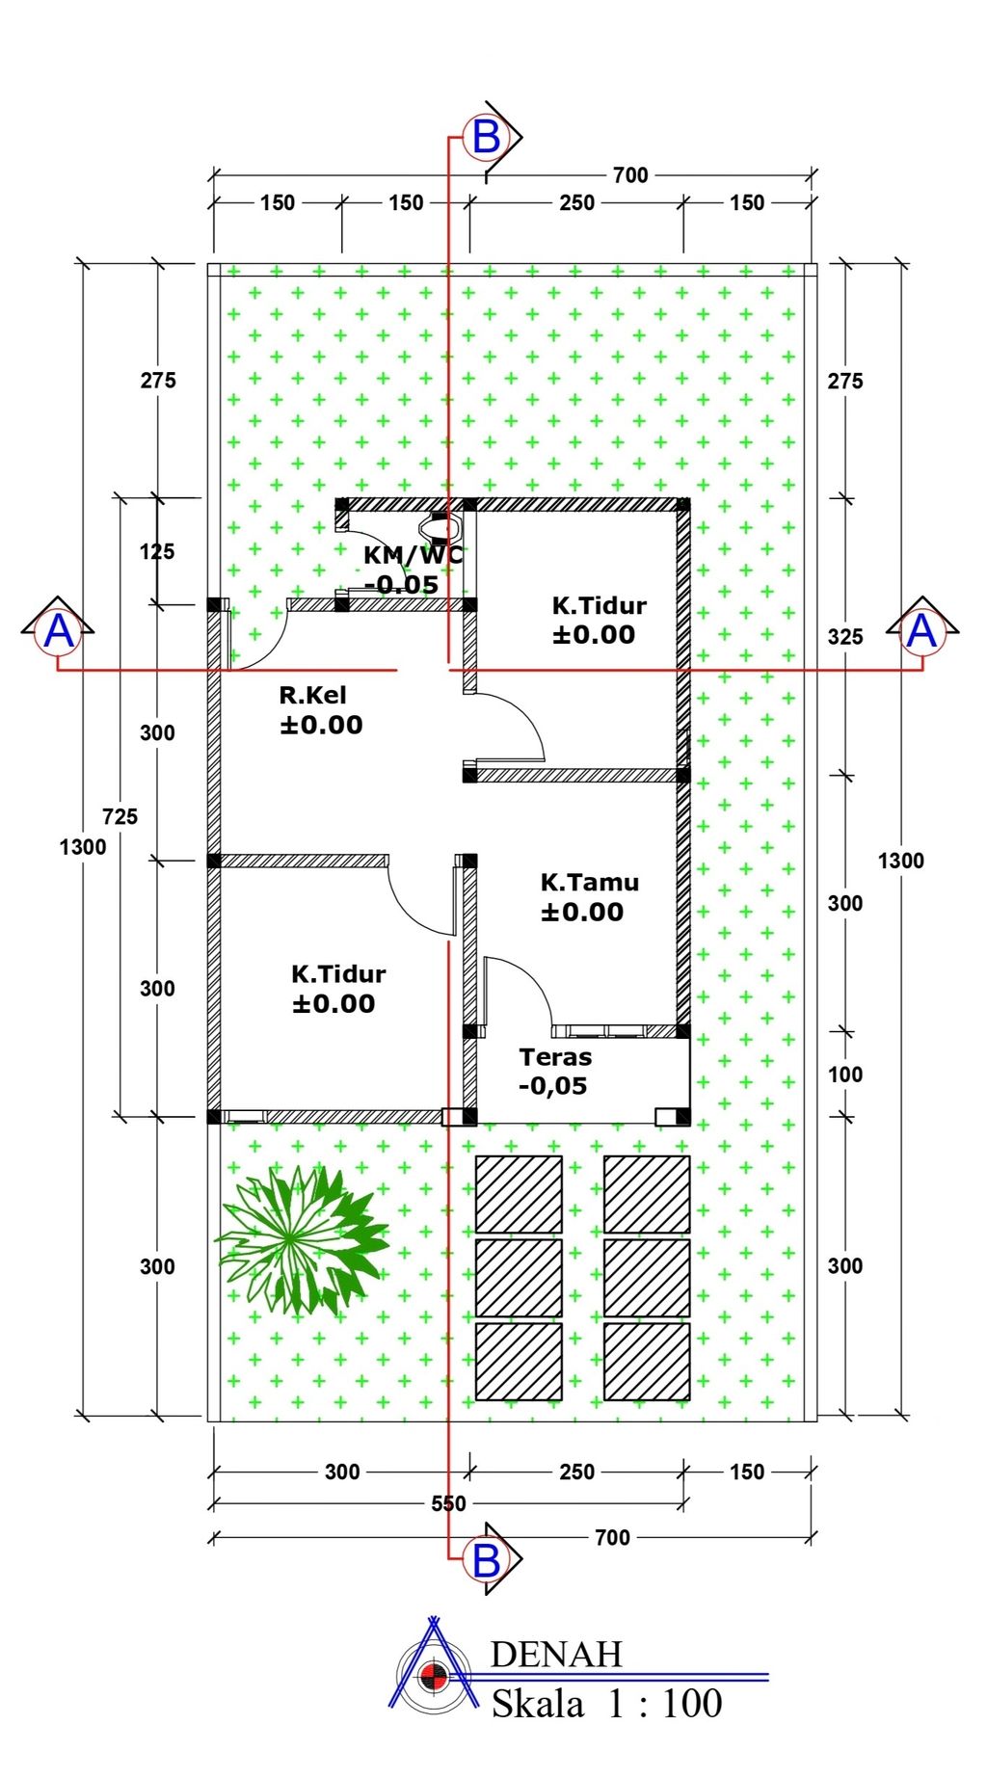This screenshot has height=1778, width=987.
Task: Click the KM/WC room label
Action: [x=413, y=555]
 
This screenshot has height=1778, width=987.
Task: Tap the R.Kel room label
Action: [x=312, y=695]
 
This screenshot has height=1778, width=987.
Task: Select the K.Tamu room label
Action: [x=589, y=882]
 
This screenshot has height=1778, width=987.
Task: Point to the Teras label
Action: [x=555, y=1056]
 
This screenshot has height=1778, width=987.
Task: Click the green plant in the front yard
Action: [x=302, y=1238]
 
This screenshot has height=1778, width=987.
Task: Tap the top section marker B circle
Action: [x=486, y=137]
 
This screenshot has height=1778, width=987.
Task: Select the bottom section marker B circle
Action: [x=486, y=1559]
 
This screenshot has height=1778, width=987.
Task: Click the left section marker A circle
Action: [x=59, y=632]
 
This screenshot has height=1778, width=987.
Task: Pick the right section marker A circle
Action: [x=922, y=632]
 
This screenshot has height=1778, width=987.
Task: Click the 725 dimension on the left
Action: [x=120, y=816]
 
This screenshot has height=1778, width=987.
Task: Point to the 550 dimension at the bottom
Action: [x=448, y=1503]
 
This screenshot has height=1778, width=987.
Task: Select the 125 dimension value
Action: [x=157, y=551]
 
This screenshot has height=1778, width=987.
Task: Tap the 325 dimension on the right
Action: [x=845, y=636]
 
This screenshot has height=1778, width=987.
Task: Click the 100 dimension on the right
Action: [x=845, y=1075]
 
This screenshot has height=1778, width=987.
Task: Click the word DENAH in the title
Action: [x=556, y=1655]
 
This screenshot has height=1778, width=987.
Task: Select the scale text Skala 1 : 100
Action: [x=607, y=1704]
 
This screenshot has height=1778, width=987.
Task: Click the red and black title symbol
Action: [x=433, y=1677]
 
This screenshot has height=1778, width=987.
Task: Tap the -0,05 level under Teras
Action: [x=552, y=1086]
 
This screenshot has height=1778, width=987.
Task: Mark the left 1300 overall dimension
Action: [x=83, y=847]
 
